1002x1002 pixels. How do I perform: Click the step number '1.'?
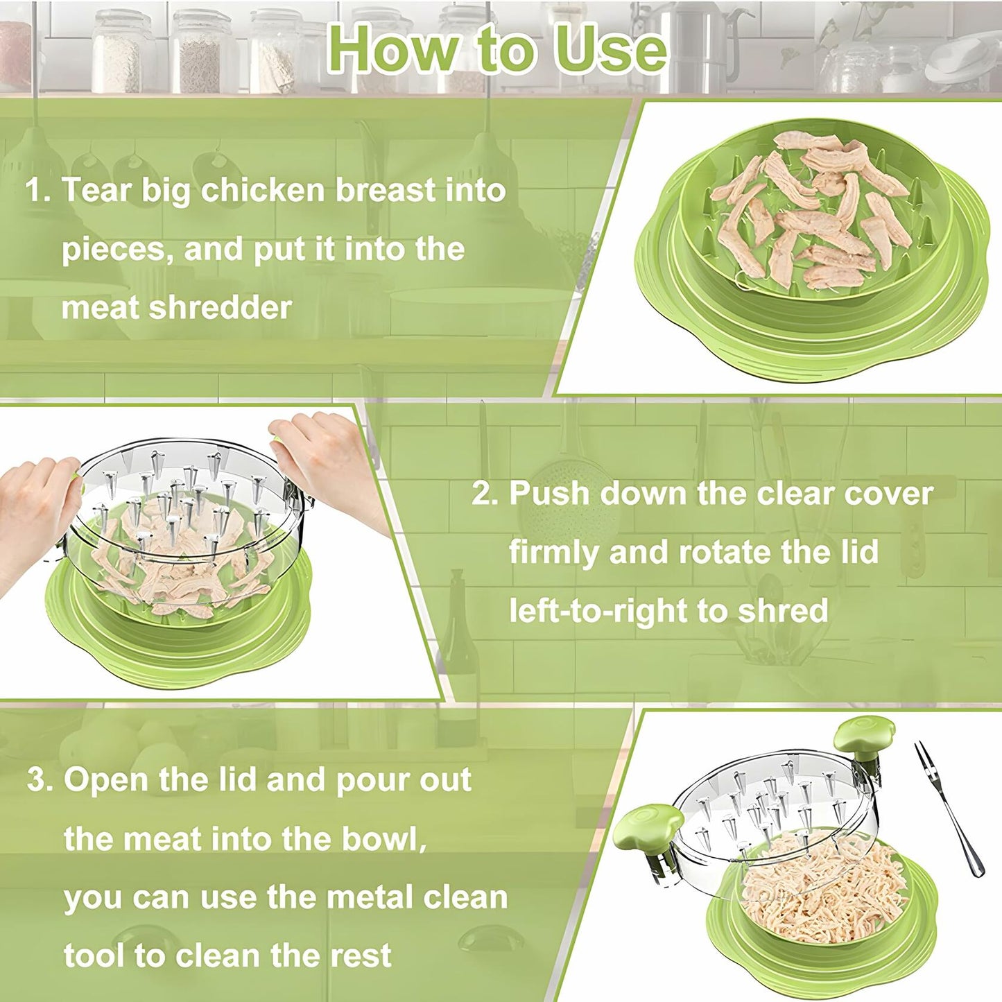(38, 190)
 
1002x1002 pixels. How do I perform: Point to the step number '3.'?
(40, 779)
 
